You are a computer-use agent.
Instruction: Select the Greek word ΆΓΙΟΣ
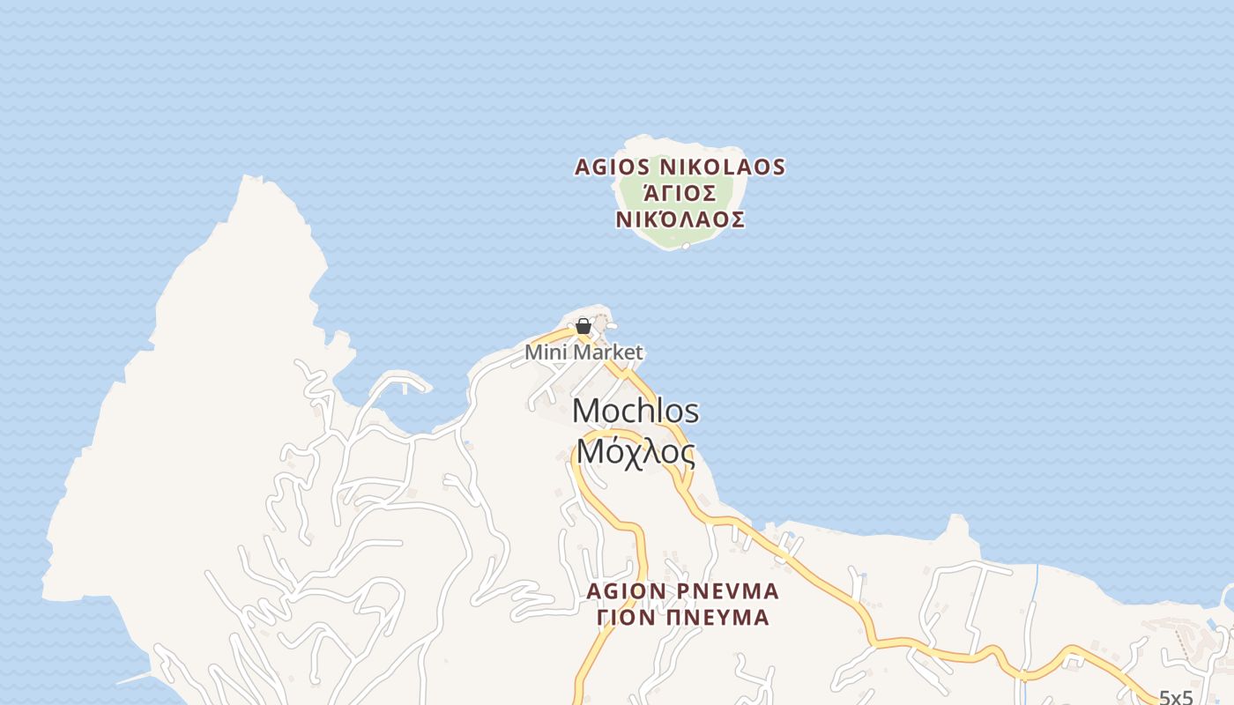tap(680, 194)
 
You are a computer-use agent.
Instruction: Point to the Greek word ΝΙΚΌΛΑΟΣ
tap(680, 220)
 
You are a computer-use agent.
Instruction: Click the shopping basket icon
tap(583, 327)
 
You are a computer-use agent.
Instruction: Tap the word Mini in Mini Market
tap(545, 352)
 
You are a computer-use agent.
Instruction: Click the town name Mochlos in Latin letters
tap(636, 412)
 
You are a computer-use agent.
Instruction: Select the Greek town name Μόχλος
tap(636, 453)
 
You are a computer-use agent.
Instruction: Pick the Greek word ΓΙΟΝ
tap(626, 618)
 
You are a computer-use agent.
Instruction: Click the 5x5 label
tap(1175, 698)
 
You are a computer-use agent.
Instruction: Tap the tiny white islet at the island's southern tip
tap(686, 246)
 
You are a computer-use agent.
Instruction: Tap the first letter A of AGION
tap(594, 590)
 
